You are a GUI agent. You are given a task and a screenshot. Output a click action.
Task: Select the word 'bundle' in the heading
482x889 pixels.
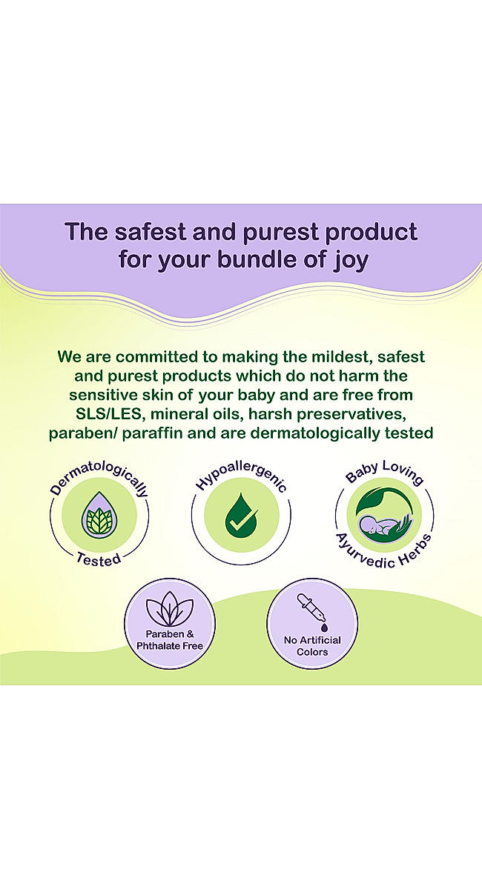click(x=257, y=259)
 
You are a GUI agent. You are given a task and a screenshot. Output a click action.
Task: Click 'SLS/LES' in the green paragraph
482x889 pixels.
click(x=108, y=414)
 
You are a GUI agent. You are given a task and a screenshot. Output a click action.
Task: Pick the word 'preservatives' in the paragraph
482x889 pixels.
click(x=351, y=414)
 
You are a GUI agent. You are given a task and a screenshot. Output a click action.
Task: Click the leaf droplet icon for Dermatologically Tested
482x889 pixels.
click(x=99, y=515)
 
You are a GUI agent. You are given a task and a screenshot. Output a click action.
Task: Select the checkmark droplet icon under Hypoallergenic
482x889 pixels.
click(x=241, y=515)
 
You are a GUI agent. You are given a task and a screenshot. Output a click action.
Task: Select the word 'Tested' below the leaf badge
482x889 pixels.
click(x=99, y=559)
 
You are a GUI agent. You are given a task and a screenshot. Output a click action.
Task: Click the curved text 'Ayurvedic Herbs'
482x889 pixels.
click(x=384, y=553)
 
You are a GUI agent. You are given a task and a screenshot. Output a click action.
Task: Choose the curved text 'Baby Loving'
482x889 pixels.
click(x=384, y=471)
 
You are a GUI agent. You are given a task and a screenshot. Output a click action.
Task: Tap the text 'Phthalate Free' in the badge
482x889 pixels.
click(x=170, y=646)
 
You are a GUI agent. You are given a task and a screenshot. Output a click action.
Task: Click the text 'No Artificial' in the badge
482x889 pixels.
click(x=312, y=640)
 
